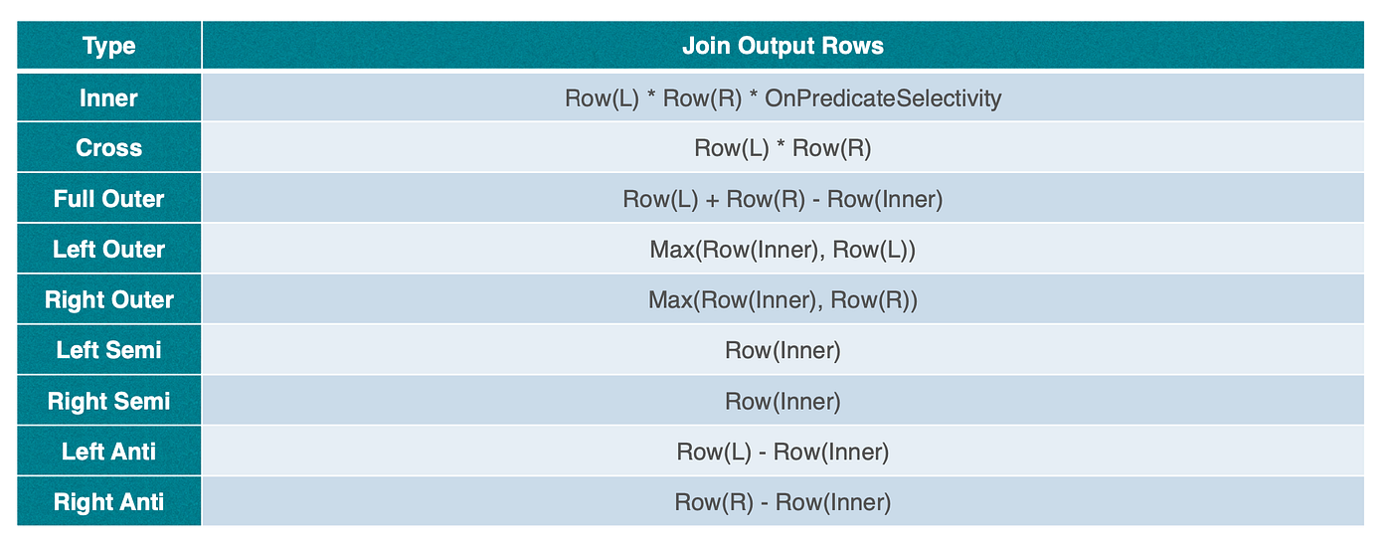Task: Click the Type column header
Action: pos(108,46)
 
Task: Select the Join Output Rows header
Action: pos(783,46)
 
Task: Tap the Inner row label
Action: pos(108,98)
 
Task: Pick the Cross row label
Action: pos(108,148)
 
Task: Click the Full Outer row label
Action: pos(108,199)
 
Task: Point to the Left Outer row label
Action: pos(108,250)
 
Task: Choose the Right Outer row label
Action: pos(108,299)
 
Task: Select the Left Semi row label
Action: pos(108,350)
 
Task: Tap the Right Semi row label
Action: pos(108,401)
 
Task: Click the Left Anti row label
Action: pos(108,452)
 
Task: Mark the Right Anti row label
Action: pos(108,501)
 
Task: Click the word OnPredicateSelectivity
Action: pos(883,98)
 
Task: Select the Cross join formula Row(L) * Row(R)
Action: pos(783,148)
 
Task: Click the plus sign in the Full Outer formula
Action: pos(712,200)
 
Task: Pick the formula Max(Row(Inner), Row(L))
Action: pos(783,250)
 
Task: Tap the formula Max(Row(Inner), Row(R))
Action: pos(783,300)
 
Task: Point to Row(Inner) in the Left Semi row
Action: pos(783,351)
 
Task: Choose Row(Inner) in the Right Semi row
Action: pos(783,402)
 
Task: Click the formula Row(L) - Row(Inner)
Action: pos(783,452)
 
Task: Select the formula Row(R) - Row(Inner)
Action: pos(783,502)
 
